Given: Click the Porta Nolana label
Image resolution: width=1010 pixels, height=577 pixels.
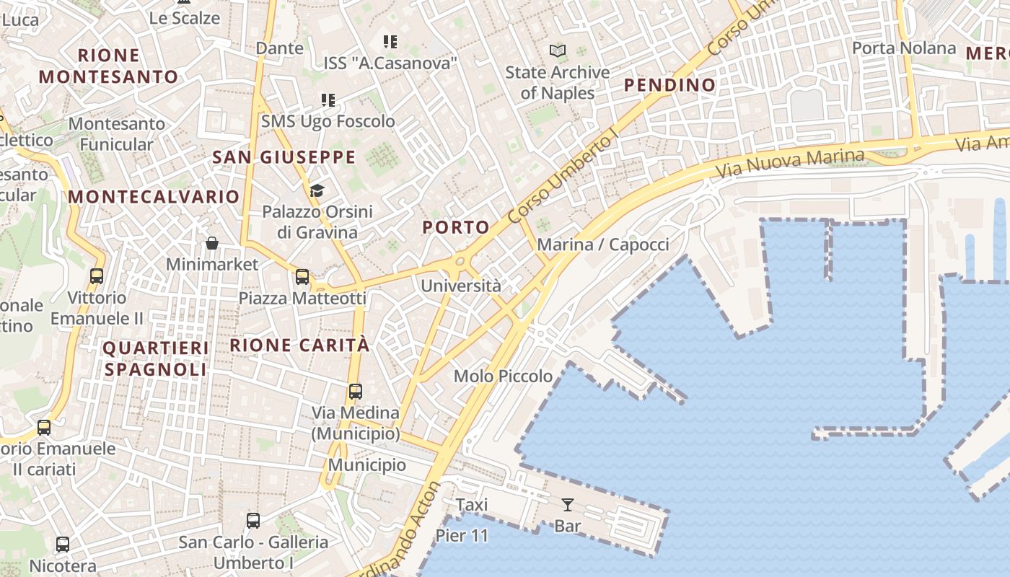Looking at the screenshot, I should [x=903, y=48].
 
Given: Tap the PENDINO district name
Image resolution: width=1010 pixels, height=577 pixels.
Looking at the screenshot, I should [x=669, y=85].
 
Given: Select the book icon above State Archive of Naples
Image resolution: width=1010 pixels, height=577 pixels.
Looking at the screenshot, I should [x=558, y=51].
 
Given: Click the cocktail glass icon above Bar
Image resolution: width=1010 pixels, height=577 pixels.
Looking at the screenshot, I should [x=568, y=505].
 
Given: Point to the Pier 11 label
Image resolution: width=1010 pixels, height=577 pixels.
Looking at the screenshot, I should [x=462, y=536].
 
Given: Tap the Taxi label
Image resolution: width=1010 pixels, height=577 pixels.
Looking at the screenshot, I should [x=472, y=505].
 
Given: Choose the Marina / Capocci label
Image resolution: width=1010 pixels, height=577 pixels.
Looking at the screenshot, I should [x=603, y=245].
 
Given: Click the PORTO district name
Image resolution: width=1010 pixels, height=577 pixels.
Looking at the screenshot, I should [x=456, y=227].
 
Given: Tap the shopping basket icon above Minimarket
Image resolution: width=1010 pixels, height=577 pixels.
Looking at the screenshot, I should [x=212, y=243].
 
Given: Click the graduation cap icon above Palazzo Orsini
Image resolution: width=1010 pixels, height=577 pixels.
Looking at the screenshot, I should [x=317, y=190].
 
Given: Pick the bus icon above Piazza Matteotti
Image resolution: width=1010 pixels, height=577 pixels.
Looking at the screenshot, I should [x=302, y=276].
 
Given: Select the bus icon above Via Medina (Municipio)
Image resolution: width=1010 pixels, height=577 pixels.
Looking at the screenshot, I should [x=355, y=392].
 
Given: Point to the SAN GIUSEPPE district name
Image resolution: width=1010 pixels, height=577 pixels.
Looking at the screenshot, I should [x=284, y=157].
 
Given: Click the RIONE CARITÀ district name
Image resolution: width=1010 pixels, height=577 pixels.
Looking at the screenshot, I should [x=299, y=345].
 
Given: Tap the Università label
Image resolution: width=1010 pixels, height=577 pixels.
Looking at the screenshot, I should [x=460, y=286].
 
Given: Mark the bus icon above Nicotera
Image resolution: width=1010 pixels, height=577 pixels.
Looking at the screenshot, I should [x=63, y=545].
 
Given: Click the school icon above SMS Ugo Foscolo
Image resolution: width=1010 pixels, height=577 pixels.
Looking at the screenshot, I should [x=328, y=100].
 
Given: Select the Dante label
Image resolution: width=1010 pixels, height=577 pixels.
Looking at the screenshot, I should [x=280, y=48].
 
